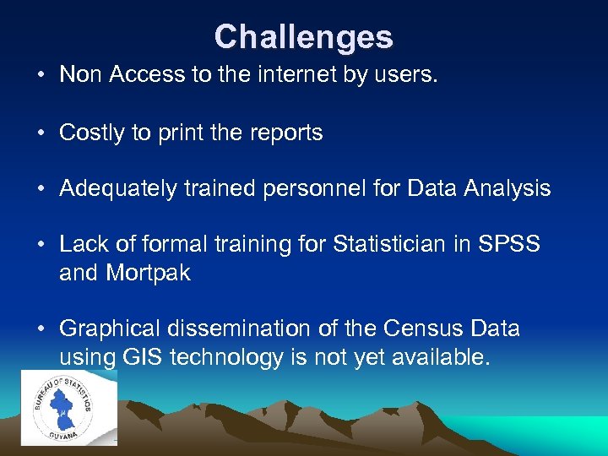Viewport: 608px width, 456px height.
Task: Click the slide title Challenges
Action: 303,37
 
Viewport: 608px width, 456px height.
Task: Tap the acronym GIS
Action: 142,357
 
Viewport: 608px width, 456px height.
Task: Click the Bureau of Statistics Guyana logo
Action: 69,408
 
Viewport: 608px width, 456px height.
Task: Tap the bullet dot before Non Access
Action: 41,75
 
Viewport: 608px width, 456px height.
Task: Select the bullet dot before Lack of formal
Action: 41,246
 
